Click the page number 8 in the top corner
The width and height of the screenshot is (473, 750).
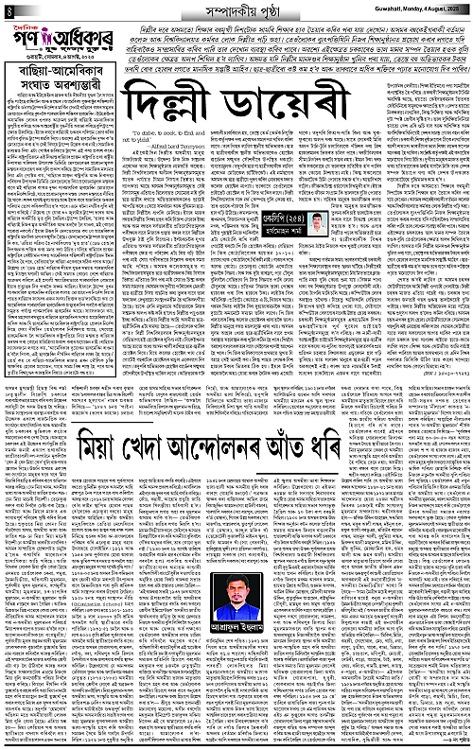coord(8,9)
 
